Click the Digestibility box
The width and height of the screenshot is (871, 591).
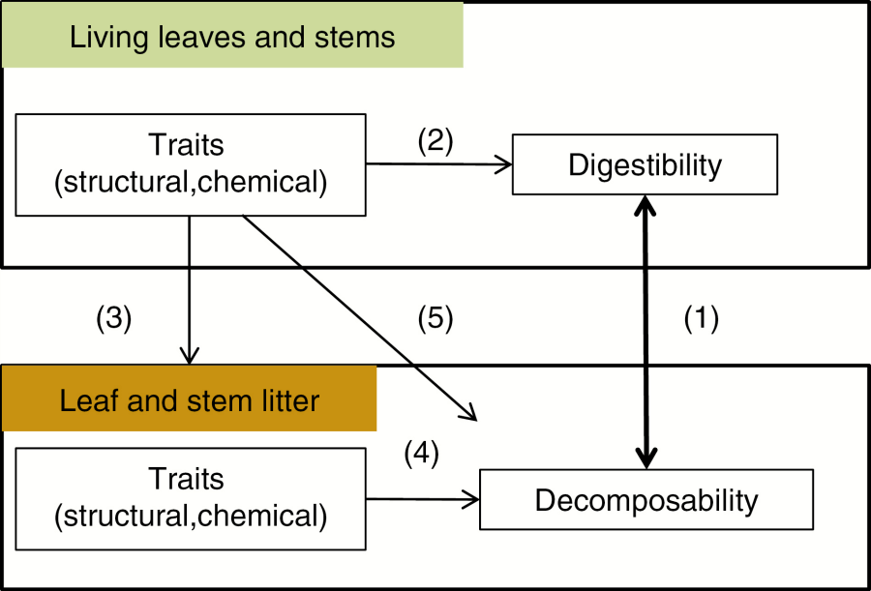[645, 164]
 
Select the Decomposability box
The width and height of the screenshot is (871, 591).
[646, 500]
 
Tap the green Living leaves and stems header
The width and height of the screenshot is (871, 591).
[232, 37]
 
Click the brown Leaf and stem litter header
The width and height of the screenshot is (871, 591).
[189, 399]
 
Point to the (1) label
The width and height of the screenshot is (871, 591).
[702, 318]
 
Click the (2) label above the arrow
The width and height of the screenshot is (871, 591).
[435, 140]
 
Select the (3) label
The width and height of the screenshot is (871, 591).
[113, 318]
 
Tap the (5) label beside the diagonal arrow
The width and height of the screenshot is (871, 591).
[435, 318]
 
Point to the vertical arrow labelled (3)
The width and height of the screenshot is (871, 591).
[190, 290]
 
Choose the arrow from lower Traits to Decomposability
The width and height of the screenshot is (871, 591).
[423, 500]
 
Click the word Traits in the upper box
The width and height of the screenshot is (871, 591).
[187, 145]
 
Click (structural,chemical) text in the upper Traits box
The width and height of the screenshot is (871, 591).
[191, 182]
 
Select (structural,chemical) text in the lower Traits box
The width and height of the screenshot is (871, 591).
[191, 516]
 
